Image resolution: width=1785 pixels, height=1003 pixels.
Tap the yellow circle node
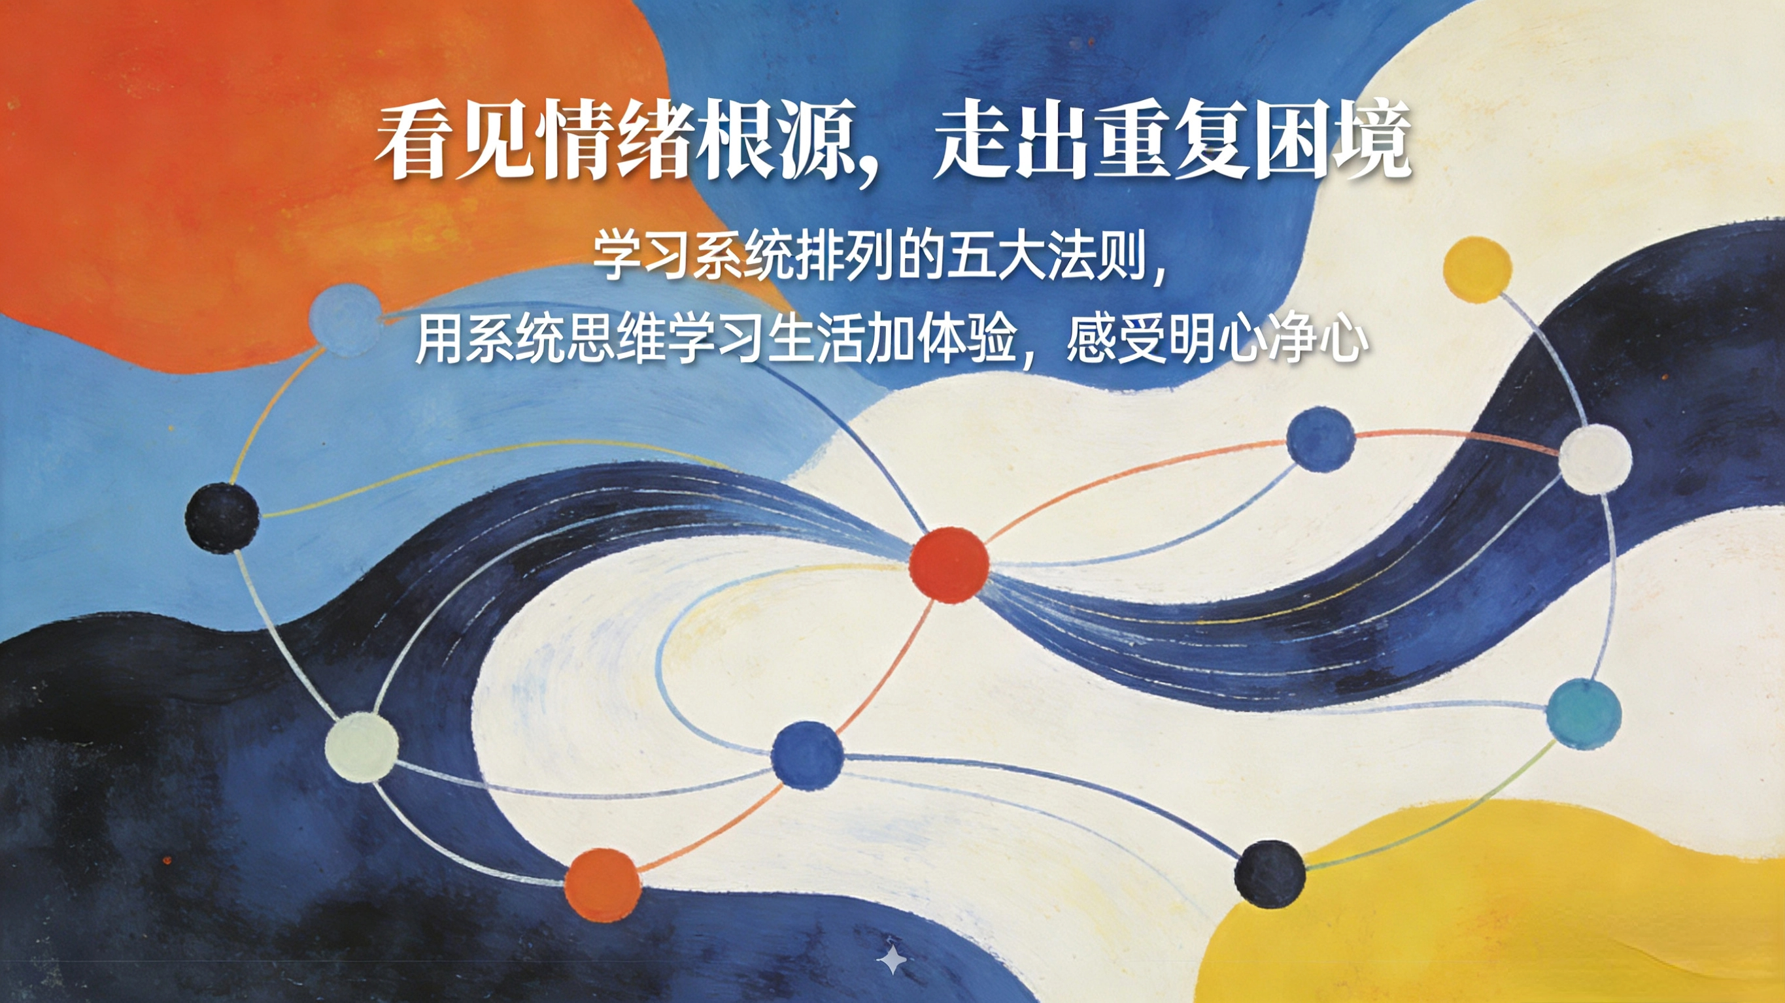point(1476,269)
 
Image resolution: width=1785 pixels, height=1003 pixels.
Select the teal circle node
point(1584,714)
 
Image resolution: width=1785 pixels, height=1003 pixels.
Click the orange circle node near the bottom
point(603,885)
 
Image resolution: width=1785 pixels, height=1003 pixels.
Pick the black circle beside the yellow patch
point(1270,874)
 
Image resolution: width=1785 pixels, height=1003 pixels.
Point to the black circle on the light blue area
point(222,518)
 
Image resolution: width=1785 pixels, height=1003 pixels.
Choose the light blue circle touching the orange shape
point(345,320)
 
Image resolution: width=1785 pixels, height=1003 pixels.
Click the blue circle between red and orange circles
point(807,755)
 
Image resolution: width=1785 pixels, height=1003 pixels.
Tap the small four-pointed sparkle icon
point(892,960)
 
